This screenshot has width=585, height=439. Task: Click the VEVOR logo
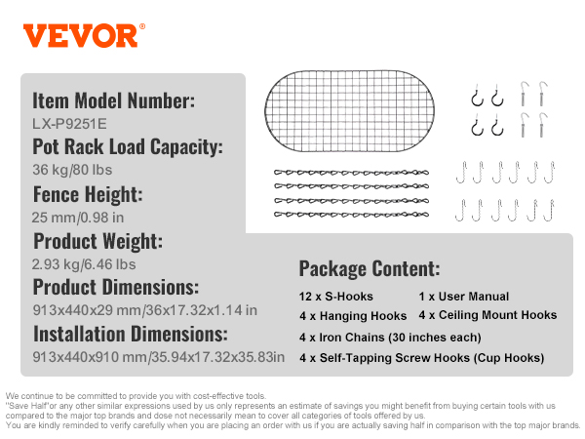(x=84, y=36)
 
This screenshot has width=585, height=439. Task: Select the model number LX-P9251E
(x=69, y=124)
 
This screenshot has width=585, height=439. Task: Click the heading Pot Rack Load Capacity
(x=128, y=146)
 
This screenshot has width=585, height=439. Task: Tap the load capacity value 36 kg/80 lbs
(x=72, y=170)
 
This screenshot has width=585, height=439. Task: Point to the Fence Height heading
(x=88, y=194)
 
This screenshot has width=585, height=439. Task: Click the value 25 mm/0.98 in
(x=78, y=218)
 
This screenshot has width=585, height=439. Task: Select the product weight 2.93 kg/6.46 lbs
(x=84, y=264)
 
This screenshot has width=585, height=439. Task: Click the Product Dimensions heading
(x=116, y=287)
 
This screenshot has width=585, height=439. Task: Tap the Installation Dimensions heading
(x=131, y=334)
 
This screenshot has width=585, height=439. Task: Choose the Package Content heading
(x=370, y=269)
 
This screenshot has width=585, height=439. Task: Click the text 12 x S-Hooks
(x=335, y=297)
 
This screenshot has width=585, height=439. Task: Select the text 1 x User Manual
(x=464, y=297)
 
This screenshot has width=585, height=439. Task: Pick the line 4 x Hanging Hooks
(x=353, y=316)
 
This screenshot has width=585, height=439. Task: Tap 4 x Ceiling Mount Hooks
(x=487, y=315)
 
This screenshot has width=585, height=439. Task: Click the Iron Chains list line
(x=390, y=338)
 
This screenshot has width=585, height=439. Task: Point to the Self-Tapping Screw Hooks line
(x=421, y=358)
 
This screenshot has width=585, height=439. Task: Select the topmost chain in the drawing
(x=351, y=173)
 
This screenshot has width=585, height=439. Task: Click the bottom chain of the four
(x=351, y=215)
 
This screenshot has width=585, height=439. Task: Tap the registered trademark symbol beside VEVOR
(x=142, y=27)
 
